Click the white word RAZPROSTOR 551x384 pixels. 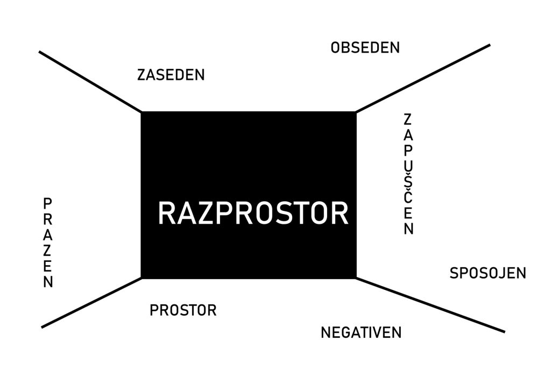[253, 213]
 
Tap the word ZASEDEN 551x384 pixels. [171, 75]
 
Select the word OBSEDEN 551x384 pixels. [365, 48]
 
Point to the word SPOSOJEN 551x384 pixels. [488, 273]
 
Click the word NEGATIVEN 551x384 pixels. [361, 332]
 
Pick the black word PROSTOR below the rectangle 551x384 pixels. [183, 310]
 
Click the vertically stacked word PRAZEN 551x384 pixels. [48, 243]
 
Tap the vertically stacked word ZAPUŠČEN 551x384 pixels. [408, 174]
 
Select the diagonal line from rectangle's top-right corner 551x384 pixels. [423, 78]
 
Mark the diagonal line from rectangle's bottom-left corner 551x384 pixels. [91, 303]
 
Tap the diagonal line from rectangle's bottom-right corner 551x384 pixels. [430, 305]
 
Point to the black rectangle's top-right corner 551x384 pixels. [355, 112]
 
